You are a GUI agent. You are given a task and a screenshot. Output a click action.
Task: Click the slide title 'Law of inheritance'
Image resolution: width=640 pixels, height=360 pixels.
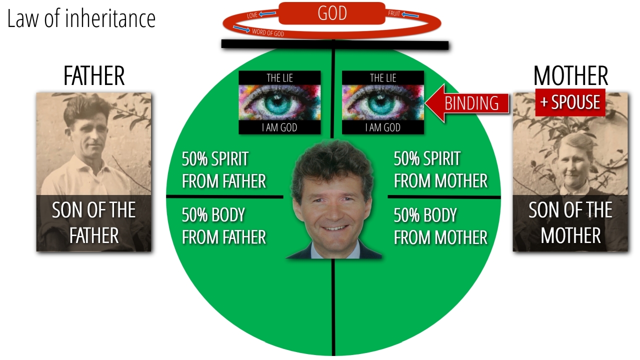click(81, 18)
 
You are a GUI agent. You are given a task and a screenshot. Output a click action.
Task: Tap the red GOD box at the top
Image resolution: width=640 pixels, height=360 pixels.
click(332, 13)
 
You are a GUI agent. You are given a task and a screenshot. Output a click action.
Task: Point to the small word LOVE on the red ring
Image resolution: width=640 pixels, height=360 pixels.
click(252, 15)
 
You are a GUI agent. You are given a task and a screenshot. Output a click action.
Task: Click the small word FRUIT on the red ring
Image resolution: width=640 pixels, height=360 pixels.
click(394, 13)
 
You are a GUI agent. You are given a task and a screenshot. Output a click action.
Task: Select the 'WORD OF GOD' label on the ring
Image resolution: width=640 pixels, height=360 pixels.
click(268, 32)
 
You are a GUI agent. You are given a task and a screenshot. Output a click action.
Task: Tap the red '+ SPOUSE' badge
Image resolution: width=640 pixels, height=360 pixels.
click(570, 102)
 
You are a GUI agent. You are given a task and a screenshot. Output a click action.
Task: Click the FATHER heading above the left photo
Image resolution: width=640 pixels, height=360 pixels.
click(94, 75)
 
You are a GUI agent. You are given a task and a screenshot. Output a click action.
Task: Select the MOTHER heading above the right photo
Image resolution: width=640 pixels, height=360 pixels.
click(570, 75)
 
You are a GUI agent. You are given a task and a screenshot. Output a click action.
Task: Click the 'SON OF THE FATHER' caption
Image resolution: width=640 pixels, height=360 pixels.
click(93, 222)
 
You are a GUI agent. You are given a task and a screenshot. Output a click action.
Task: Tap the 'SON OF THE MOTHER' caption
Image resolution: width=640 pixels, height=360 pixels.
click(570, 222)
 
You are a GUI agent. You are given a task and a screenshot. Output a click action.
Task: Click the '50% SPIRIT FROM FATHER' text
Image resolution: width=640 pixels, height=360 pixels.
click(224, 169)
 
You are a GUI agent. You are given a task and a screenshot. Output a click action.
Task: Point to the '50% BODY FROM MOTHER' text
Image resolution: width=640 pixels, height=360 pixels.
click(440, 226)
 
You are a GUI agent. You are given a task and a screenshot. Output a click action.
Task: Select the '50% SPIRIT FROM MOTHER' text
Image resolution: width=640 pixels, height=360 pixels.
click(440, 169)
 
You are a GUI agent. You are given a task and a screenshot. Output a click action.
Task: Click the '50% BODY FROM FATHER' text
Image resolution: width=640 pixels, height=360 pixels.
click(224, 226)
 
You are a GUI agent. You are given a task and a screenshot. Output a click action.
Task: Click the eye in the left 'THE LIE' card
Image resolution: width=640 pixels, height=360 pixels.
click(279, 102)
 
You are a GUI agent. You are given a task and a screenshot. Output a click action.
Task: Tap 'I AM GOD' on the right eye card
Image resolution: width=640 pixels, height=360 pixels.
click(383, 127)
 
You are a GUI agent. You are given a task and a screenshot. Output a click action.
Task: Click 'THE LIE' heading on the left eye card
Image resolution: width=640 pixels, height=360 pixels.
click(279, 78)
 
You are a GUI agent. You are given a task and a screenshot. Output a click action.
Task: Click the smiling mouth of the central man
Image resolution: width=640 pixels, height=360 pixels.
click(335, 228)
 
